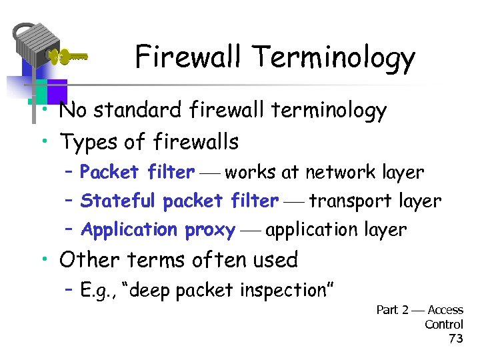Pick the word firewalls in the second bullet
click(195, 141)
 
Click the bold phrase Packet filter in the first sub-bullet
click(137, 172)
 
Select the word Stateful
click(117, 201)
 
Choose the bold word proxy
click(210, 230)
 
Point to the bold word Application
click(129, 230)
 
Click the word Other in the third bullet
click(86, 259)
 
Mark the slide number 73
click(456, 339)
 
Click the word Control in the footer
click(444, 324)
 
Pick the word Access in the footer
click(445, 310)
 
